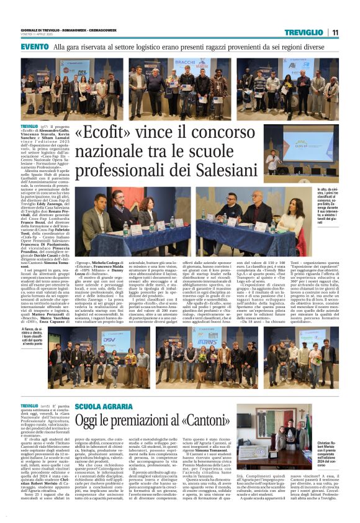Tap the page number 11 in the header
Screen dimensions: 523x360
(x=335, y=32)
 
